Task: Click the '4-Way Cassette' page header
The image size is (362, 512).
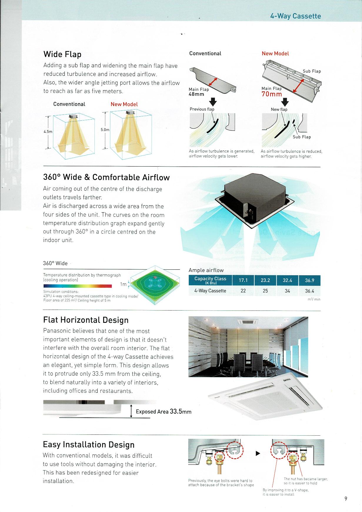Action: coord(295,16)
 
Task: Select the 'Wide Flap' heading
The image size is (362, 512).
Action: coord(62,54)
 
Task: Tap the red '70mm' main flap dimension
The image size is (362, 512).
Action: coord(272,94)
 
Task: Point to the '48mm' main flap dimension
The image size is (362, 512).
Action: coord(196,94)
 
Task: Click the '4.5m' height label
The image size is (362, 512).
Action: coord(48,132)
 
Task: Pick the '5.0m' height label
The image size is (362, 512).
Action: coord(105,130)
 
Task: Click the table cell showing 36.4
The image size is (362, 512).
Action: coord(309,291)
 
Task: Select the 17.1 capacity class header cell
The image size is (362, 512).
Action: coord(243,280)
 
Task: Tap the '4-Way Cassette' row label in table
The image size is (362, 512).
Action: coord(210,291)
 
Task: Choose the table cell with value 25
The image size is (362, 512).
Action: coord(265,291)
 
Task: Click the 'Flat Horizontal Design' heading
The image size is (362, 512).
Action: coord(86,320)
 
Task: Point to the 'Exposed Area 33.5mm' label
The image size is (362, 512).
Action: coord(164,412)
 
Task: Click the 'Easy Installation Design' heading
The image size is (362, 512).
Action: coord(89,444)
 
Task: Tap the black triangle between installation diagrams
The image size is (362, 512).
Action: coord(258,454)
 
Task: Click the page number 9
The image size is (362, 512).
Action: coord(346,498)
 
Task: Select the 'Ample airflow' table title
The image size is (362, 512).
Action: coord(206,270)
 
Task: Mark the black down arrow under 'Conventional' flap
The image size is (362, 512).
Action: coord(213,102)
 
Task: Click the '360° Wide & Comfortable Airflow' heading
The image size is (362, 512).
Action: coord(106,177)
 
